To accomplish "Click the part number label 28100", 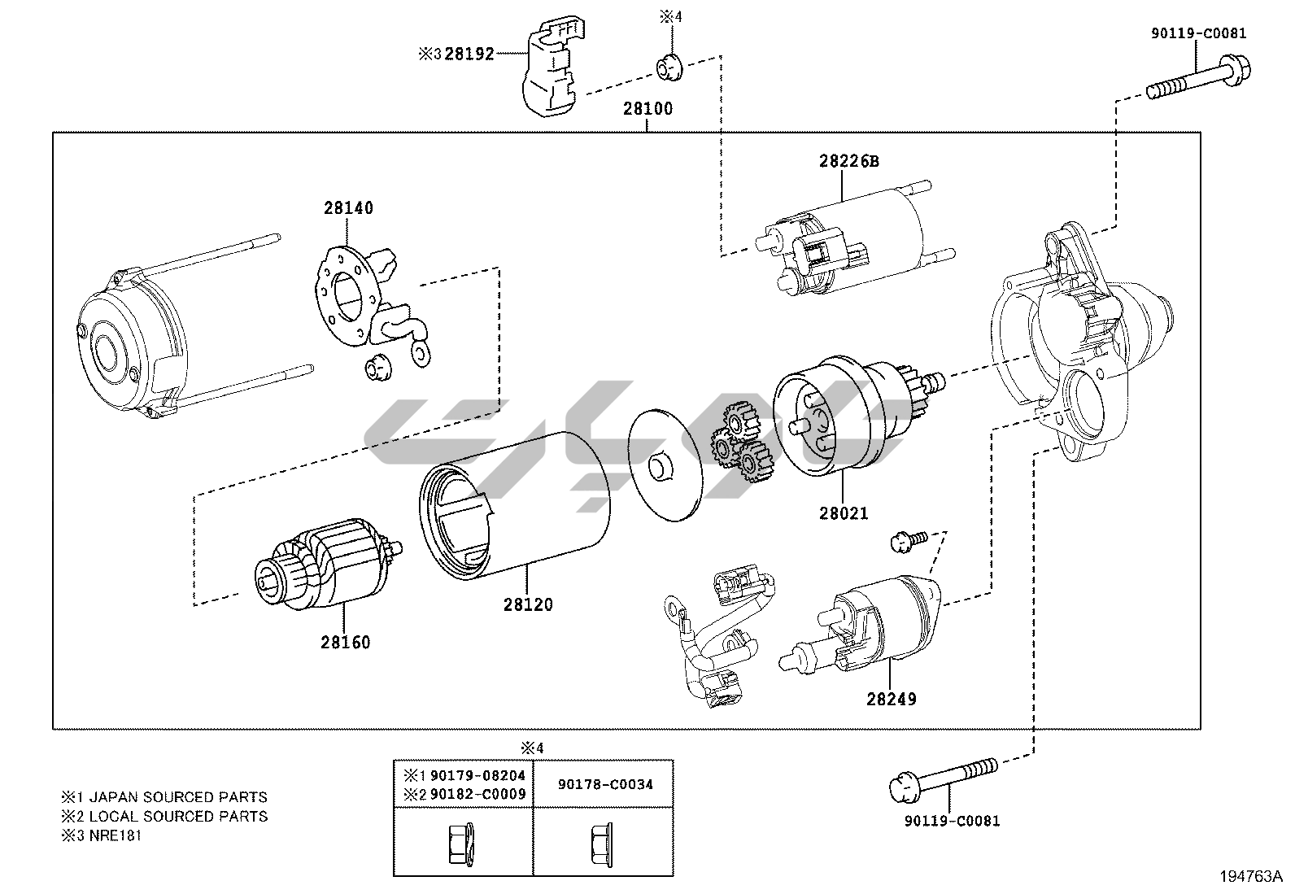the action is click(x=647, y=109).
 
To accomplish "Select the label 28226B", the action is click(x=848, y=161).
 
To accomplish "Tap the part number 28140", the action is click(x=348, y=208).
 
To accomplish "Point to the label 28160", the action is click(x=345, y=643).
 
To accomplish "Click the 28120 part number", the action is click(x=528, y=605).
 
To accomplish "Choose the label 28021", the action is click(x=844, y=513).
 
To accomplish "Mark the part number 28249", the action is click(x=892, y=700).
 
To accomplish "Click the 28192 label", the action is click(x=469, y=55).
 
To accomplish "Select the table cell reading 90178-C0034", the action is click(x=605, y=785).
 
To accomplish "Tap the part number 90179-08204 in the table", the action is click(x=477, y=775).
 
